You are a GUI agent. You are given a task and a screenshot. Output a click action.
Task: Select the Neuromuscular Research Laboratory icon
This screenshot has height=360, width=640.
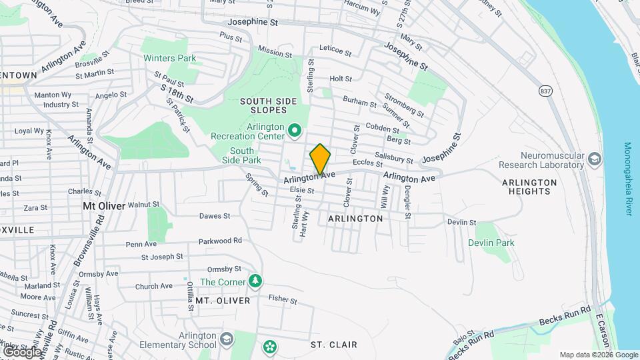(x=595, y=159)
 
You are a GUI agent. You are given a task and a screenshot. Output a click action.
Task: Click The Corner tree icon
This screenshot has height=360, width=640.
(x=255, y=281)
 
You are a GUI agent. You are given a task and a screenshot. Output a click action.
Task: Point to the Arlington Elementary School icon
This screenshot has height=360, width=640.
(x=227, y=340)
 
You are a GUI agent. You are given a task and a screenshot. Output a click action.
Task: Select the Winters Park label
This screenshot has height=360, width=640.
(x=170, y=58)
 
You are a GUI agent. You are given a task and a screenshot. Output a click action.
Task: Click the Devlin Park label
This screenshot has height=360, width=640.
(x=491, y=243)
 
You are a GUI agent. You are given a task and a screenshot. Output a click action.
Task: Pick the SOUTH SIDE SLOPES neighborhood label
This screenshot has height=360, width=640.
(x=268, y=107)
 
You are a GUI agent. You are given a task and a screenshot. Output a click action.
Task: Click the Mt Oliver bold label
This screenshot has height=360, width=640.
(x=103, y=206)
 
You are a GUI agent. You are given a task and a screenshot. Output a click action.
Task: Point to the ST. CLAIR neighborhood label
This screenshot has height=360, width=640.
(x=334, y=345)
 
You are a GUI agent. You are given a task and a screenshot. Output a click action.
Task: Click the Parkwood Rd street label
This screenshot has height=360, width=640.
(x=219, y=241)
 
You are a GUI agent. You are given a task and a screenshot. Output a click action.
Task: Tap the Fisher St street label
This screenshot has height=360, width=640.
(x=282, y=301)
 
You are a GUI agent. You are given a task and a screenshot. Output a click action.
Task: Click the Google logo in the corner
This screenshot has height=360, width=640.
(x=22, y=351)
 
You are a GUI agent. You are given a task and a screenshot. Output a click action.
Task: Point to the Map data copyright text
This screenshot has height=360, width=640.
(x=599, y=355)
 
